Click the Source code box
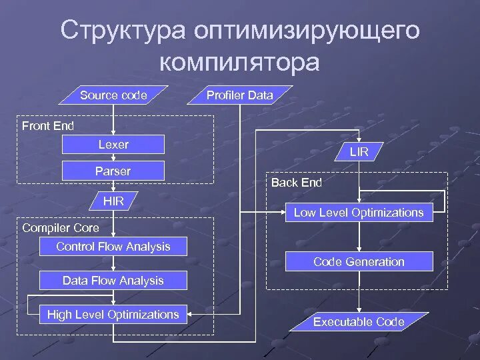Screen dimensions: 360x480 (113, 95)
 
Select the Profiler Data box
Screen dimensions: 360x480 (239, 95)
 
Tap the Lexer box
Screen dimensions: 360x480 (113, 145)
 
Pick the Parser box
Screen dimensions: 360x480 (113, 171)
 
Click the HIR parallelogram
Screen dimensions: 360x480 (113, 201)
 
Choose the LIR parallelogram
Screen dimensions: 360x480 (359, 152)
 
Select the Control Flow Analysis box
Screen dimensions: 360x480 (113, 247)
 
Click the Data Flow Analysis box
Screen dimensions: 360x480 (113, 281)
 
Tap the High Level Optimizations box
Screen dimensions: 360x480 (113, 315)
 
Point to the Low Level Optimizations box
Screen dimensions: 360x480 (359, 213)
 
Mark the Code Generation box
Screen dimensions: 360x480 (359, 262)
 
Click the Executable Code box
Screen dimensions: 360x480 (359, 322)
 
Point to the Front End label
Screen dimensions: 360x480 (48, 125)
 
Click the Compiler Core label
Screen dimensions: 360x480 (61, 228)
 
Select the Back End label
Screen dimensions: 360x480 (297, 183)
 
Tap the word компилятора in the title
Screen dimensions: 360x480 (239, 61)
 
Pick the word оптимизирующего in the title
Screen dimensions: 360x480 (307, 31)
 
